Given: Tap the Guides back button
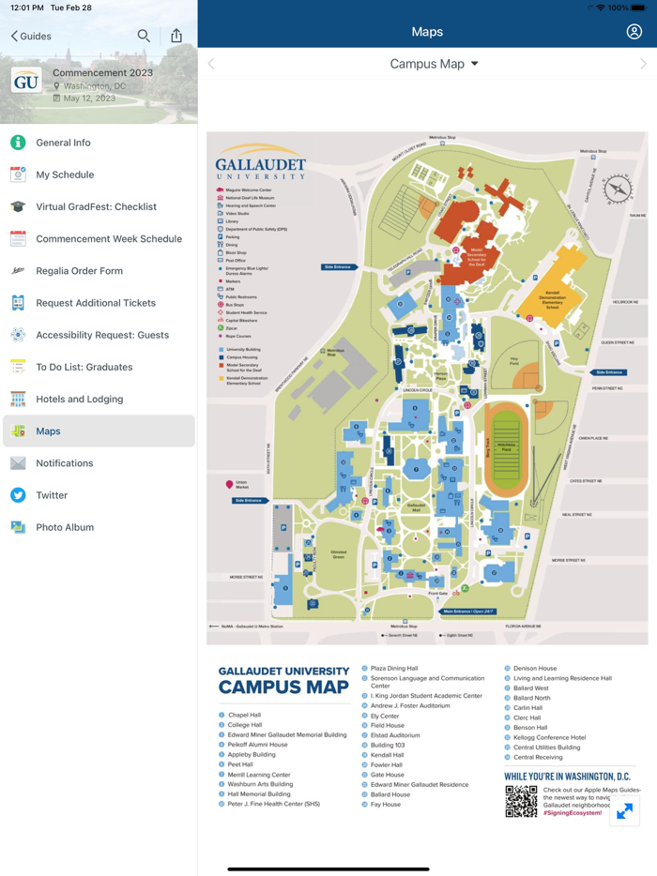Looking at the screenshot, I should pyautogui.click(x=31, y=36).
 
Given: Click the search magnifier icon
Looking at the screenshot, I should pyautogui.click(x=144, y=36).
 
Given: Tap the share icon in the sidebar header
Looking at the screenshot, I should pyautogui.click(x=176, y=36).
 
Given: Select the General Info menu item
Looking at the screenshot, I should pyautogui.click(x=63, y=143).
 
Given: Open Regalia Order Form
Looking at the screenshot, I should pyautogui.click(x=79, y=271).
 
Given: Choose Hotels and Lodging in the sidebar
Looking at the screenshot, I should pyautogui.click(x=79, y=400).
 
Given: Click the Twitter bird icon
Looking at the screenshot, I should pyautogui.click(x=18, y=495).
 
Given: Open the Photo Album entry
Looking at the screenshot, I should pyautogui.click(x=64, y=527).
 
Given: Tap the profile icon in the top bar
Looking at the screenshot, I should pyautogui.click(x=634, y=32).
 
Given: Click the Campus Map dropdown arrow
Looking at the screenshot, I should pyautogui.click(x=475, y=64).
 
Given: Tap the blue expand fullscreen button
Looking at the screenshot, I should pyautogui.click(x=624, y=811).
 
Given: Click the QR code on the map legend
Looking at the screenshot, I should pyautogui.click(x=521, y=801).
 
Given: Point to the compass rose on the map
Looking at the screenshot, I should pyautogui.click(x=618, y=189).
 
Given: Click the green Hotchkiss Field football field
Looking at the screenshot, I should pyautogui.click(x=507, y=448).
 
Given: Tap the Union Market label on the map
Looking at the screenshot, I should pyautogui.click(x=241, y=485).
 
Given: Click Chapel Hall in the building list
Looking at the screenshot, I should pyautogui.click(x=244, y=715).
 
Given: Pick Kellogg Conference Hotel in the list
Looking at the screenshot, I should pyautogui.click(x=549, y=737).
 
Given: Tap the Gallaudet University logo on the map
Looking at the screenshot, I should pyautogui.click(x=260, y=162).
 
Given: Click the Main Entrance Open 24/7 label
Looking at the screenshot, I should pyautogui.click(x=468, y=612).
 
